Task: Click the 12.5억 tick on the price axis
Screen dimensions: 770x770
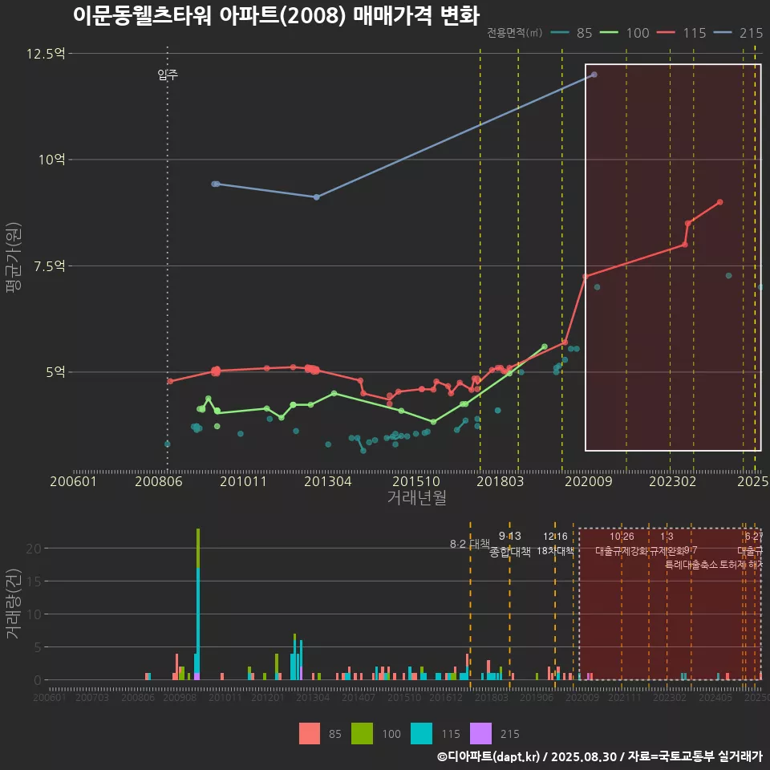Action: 45,54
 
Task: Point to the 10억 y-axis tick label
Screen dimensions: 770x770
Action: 51,160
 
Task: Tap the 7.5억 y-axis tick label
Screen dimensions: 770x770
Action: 49,265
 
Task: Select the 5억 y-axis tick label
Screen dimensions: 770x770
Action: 55,372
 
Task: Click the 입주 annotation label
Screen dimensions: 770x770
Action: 168,75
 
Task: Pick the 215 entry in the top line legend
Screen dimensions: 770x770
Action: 751,33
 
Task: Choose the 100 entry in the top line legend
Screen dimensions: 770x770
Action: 637,33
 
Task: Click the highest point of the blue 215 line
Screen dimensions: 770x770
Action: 594,75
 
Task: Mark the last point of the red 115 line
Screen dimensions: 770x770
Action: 720,202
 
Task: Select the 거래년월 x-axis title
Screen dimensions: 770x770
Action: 417,498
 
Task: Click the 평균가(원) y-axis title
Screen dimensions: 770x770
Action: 14,258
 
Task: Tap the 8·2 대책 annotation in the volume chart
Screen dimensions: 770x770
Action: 469,544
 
